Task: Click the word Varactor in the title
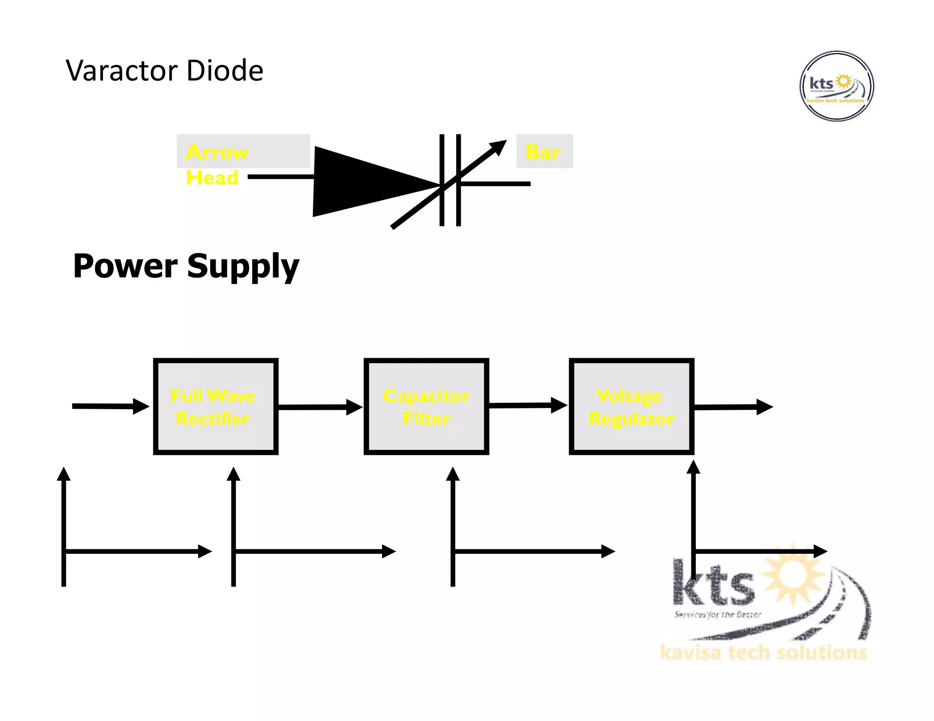120,71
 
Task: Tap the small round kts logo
836,86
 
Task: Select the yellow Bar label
543,152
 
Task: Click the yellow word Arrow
217,152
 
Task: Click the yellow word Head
212,177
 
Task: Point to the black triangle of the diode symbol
360,181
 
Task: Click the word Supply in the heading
243,267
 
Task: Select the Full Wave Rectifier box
215,407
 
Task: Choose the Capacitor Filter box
426,407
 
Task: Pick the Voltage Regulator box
632,407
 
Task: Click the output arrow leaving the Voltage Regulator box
732,407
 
